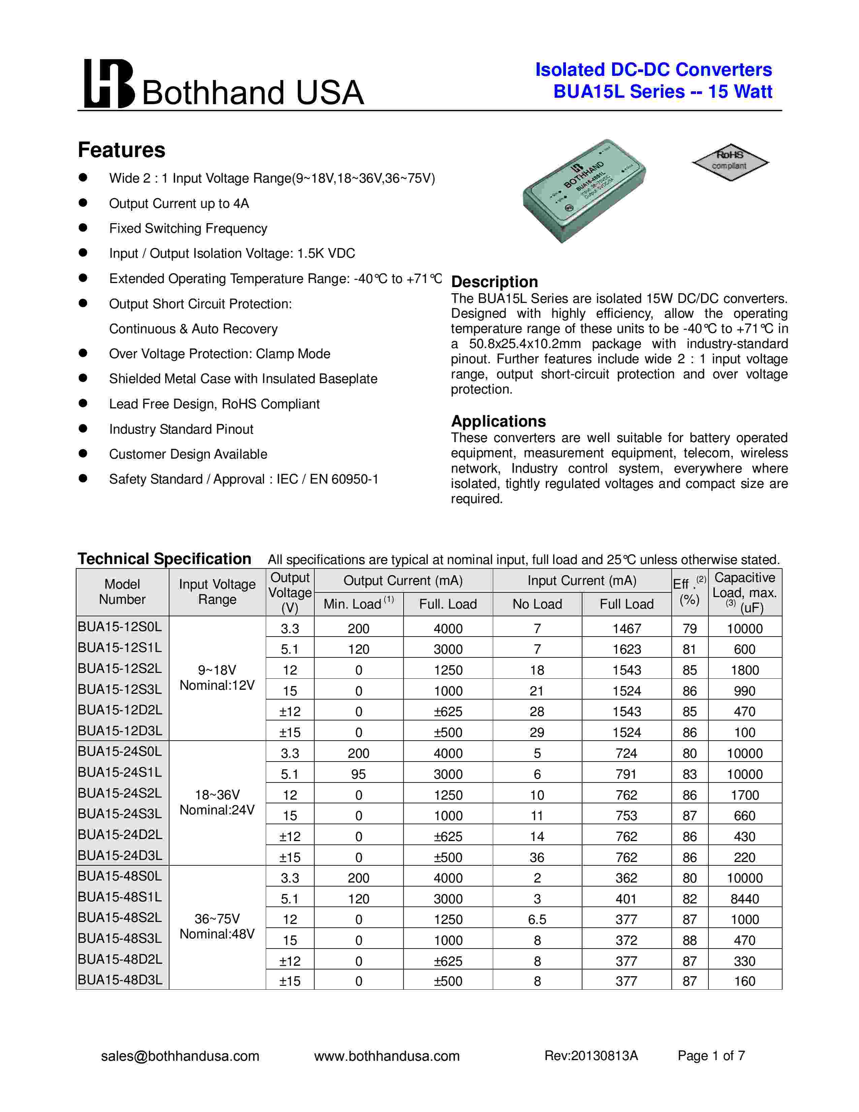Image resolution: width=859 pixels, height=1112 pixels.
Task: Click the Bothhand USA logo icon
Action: coord(109,84)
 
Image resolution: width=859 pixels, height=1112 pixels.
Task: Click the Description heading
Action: coord(494,282)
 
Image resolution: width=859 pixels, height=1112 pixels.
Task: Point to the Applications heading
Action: coord(498,421)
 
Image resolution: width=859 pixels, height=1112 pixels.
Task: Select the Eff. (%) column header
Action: coord(690,592)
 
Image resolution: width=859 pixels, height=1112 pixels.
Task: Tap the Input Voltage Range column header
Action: coord(217,592)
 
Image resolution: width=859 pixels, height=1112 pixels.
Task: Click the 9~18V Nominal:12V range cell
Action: coord(217,678)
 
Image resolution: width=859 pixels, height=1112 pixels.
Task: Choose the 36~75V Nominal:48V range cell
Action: coord(217,927)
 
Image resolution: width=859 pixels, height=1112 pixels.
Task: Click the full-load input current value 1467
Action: coord(627,629)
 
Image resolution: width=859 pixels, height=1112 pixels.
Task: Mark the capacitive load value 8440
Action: coord(744,899)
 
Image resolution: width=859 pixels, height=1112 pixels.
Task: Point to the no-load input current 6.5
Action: coord(537,920)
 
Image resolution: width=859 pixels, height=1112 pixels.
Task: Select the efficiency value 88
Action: coord(690,940)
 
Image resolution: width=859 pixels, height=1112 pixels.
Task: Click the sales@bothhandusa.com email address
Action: coord(180,1056)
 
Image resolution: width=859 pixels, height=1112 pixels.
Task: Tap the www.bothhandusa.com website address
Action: coord(387,1056)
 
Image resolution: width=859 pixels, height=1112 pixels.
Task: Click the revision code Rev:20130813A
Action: coord(591,1056)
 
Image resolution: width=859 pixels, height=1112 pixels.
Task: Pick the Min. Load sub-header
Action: coord(358,604)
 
